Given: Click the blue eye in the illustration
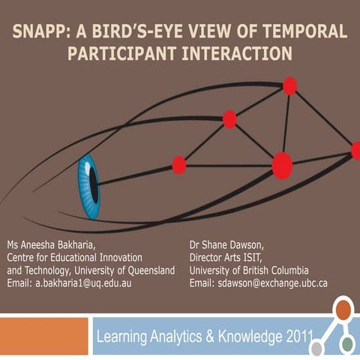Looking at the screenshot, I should coord(89,186).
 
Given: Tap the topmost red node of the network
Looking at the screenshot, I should coord(289,85).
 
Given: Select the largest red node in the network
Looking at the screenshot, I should coord(282,165).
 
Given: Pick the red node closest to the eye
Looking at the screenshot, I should coord(179,165).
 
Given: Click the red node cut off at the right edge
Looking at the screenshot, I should coord(355,151).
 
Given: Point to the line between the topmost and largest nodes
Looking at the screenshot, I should coord(286,124).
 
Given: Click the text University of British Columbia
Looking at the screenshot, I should coord(249,271).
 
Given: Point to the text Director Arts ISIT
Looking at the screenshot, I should coord(228,258).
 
